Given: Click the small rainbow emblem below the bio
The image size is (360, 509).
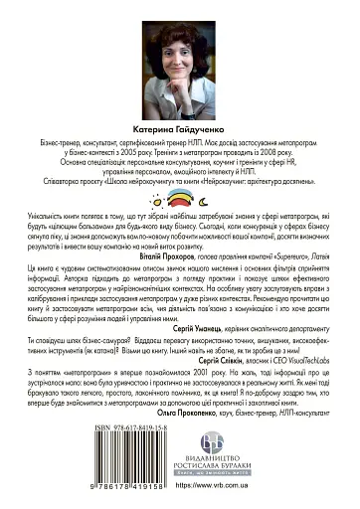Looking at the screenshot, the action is pyautogui.click(x=180, y=226).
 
